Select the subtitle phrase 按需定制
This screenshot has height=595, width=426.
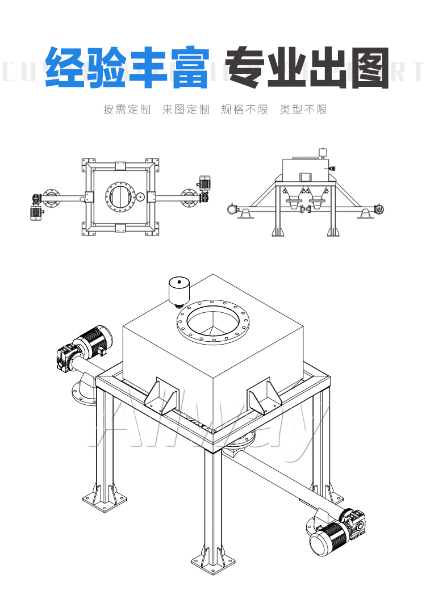click(x=127, y=110)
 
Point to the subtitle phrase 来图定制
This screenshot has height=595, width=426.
click(x=185, y=110)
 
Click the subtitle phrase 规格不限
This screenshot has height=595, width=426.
click(x=244, y=110)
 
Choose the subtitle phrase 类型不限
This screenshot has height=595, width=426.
click(x=303, y=110)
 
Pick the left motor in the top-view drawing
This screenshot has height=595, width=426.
click(x=37, y=212)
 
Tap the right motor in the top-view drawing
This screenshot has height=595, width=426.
click(x=203, y=183)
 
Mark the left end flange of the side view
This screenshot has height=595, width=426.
click(x=231, y=209)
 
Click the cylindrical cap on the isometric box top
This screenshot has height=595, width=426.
click(x=180, y=291)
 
